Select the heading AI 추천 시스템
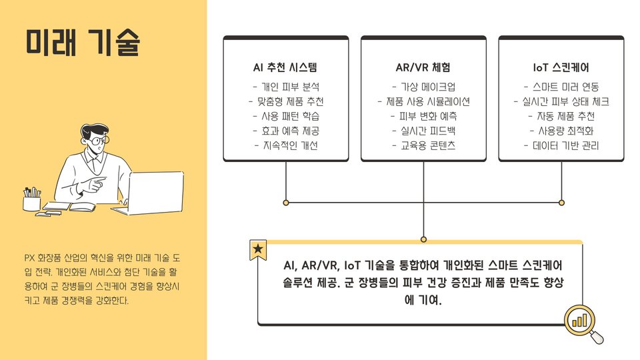point(285,67)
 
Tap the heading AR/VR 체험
point(423,67)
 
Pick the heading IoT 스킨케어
point(561,67)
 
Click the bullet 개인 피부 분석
point(286,87)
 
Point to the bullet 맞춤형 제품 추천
point(286,101)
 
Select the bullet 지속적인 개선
point(286,145)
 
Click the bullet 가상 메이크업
point(423,87)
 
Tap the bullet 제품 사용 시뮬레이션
point(423,101)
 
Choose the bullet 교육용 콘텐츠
point(423,145)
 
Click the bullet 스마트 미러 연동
point(561,87)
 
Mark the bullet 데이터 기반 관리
point(561,145)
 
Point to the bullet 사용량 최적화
point(561,131)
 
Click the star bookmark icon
point(258,249)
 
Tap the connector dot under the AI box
point(286,202)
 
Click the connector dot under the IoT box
point(561,202)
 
